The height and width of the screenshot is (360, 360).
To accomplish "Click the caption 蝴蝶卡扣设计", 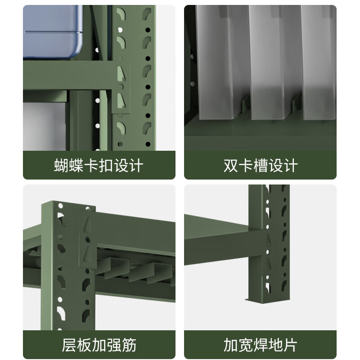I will pos(99,165).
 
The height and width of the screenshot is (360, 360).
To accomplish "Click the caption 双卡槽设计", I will pos(261,165).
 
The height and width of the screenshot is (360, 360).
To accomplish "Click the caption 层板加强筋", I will pos(99,345).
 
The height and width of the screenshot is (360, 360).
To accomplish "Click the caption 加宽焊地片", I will pos(261,345).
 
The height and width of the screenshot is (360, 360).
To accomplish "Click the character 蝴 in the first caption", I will pos(62,165).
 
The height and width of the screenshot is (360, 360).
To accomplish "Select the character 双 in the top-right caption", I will pos(231,165).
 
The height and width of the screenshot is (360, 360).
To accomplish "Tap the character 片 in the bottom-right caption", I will pos(290,345).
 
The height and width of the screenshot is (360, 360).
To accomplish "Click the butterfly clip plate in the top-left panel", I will pos(122,88).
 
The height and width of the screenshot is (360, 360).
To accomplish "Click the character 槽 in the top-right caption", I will pos(261,165).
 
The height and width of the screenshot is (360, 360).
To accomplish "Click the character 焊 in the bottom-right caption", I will pos(261,345).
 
